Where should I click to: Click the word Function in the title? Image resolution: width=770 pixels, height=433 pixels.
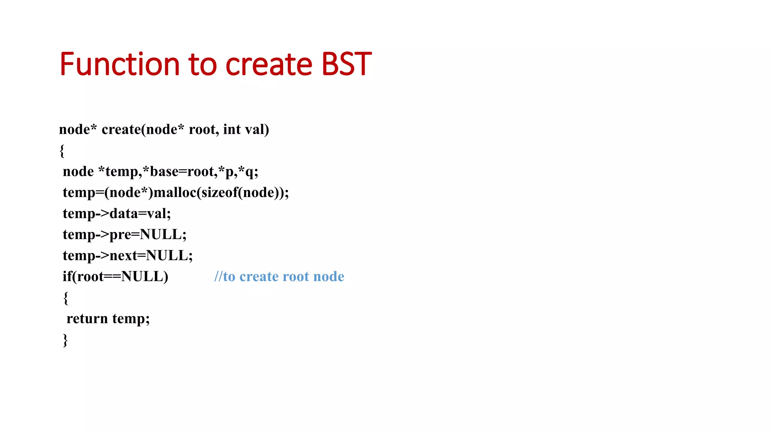click(120, 64)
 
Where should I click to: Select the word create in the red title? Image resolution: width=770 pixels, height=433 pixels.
click(268, 64)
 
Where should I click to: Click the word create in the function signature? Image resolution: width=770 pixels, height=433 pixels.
click(121, 129)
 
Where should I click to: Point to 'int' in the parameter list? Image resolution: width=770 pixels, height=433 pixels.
click(232, 129)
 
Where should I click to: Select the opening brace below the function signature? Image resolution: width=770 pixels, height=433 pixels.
click(62, 151)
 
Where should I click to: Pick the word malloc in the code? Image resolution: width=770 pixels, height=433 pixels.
click(175, 192)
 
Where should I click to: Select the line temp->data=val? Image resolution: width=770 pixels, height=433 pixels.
click(117, 213)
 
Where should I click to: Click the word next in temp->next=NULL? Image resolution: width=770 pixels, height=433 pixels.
click(123, 256)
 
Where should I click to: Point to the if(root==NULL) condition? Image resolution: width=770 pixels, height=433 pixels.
click(115, 277)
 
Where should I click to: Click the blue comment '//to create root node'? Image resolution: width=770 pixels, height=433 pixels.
click(279, 277)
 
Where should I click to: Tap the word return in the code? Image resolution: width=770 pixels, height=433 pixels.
click(87, 319)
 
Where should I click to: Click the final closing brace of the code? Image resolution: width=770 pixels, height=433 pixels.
click(65, 340)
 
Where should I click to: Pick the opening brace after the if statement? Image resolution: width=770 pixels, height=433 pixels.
click(66, 298)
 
